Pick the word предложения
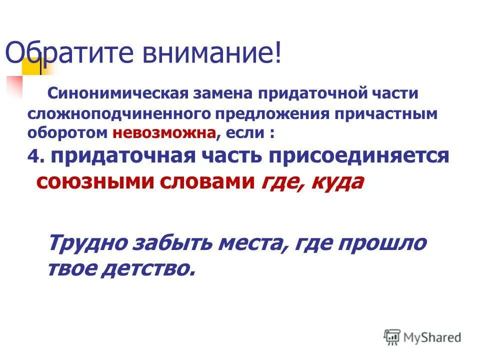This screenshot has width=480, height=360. pos(272,113)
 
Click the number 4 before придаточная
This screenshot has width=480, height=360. pos(33,156)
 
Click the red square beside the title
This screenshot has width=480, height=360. pos(14,85)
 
